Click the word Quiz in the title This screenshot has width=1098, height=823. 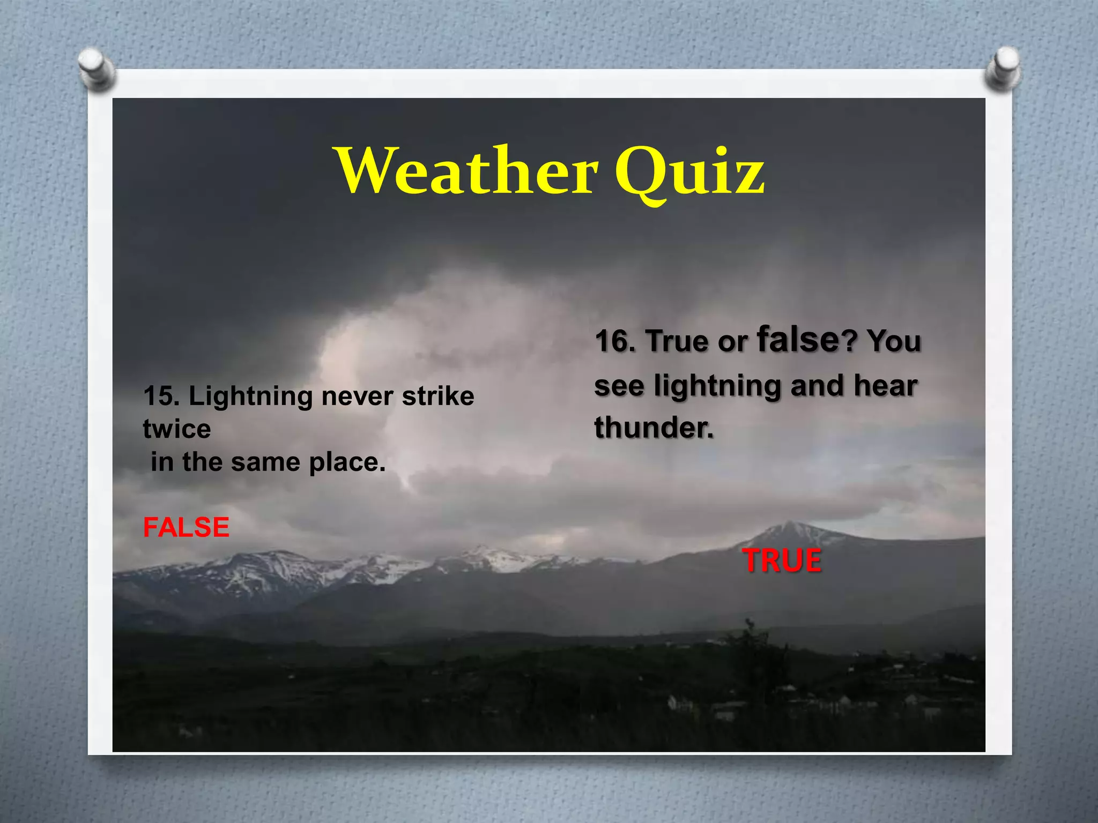(x=689, y=173)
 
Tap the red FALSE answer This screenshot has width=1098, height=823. (x=186, y=527)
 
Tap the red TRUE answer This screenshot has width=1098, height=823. (x=782, y=560)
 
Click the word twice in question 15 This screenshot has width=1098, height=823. (x=177, y=429)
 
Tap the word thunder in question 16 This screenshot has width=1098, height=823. (x=654, y=428)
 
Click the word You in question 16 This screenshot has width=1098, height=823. (x=894, y=341)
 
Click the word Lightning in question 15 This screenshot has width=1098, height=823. (x=251, y=396)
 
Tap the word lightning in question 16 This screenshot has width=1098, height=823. (x=717, y=386)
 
